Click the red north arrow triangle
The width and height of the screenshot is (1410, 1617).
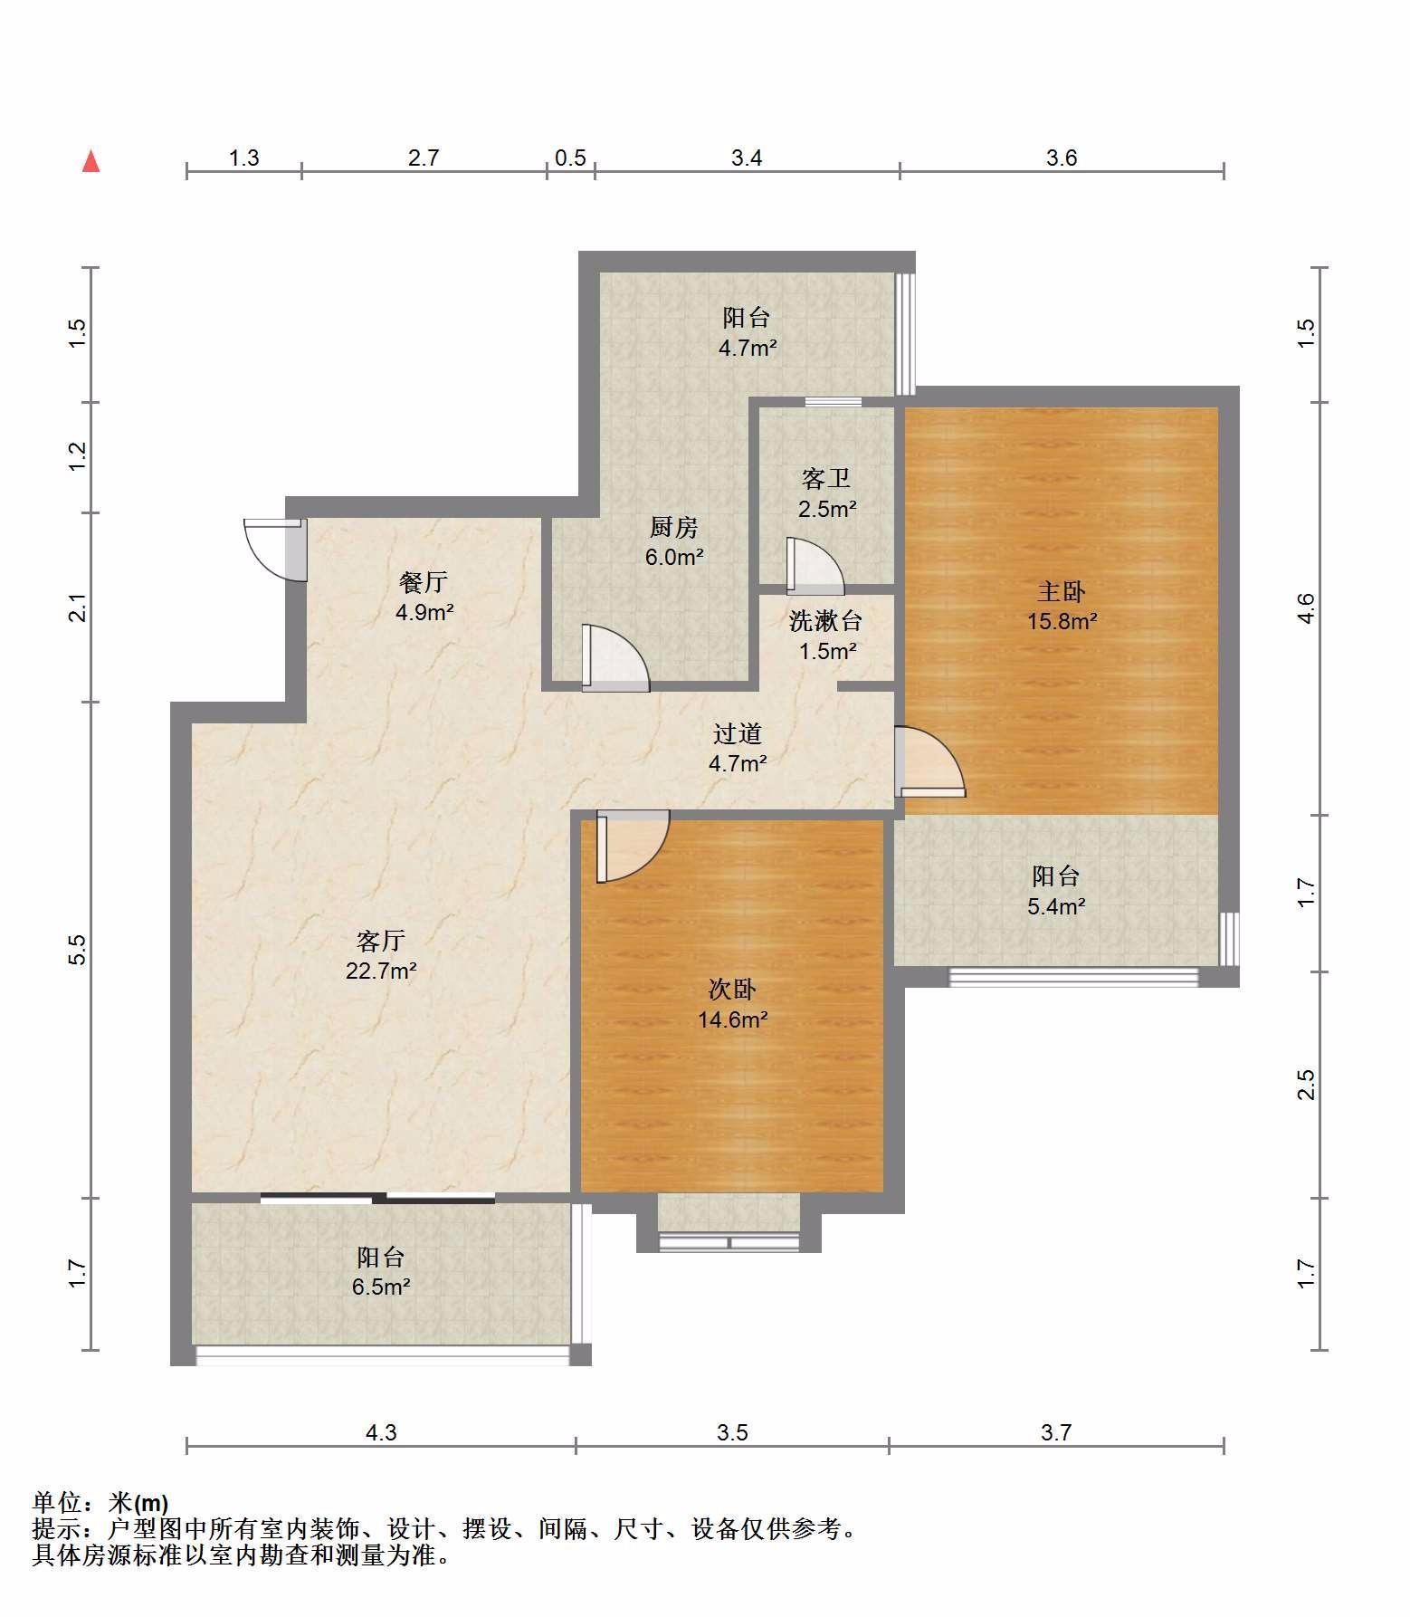pyautogui.click(x=91, y=161)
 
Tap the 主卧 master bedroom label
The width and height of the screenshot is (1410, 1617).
pyautogui.click(x=1061, y=592)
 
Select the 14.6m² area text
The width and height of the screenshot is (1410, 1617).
pyautogui.click(x=733, y=1019)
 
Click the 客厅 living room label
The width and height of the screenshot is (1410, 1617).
pyautogui.click(x=380, y=942)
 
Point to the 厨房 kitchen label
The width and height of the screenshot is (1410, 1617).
pyautogui.click(x=673, y=527)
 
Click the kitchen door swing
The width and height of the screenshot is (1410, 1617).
pyautogui.click(x=615, y=658)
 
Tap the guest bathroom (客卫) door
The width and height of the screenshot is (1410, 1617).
pyautogui.click(x=815, y=566)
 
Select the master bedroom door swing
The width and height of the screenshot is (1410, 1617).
pyautogui.click(x=929, y=761)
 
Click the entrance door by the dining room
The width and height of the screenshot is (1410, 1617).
pyautogui.click(x=275, y=550)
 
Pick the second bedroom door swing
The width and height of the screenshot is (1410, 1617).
pyautogui.click(x=633, y=846)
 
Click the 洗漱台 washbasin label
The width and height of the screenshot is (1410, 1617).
pyautogui.click(x=825, y=621)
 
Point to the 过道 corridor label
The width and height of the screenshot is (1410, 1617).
pyautogui.click(x=737, y=733)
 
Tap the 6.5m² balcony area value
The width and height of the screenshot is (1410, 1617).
pyautogui.click(x=381, y=1287)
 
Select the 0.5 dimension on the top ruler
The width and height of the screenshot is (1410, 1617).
pyautogui.click(x=570, y=158)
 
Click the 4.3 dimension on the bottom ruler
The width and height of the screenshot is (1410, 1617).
pyautogui.click(x=380, y=1432)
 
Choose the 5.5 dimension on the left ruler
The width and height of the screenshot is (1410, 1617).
pyautogui.click(x=78, y=949)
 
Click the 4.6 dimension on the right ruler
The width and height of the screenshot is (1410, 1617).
pyautogui.click(x=1305, y=608)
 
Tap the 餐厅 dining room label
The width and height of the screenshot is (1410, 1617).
pyautogui.click(x=424, y=582)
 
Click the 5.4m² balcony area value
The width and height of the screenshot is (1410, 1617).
pyautogui.click(x=1056, y=905)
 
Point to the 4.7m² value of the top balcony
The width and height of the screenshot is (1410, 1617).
pyautogui.click(x=748, y=347)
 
